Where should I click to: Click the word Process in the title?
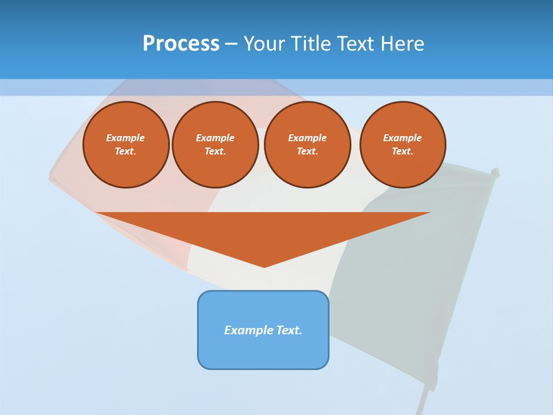coord(181,43)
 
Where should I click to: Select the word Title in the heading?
coord(314,43)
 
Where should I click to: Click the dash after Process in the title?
coord(232,44)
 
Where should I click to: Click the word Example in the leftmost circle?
coord(126,138)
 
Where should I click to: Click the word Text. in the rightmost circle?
coord(403,152)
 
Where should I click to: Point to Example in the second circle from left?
coord(215,138)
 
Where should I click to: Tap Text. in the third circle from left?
coord(307,152)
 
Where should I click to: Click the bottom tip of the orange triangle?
coord(264,266)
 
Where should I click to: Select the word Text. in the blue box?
coord(289,330)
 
